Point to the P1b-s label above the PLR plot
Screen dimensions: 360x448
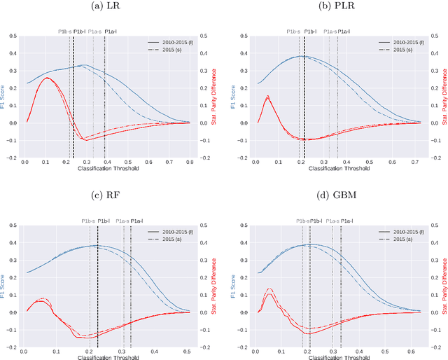click(295, 32)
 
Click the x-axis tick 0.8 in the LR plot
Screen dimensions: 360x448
click(188, 162)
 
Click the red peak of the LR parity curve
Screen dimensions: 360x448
click(47, 78)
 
